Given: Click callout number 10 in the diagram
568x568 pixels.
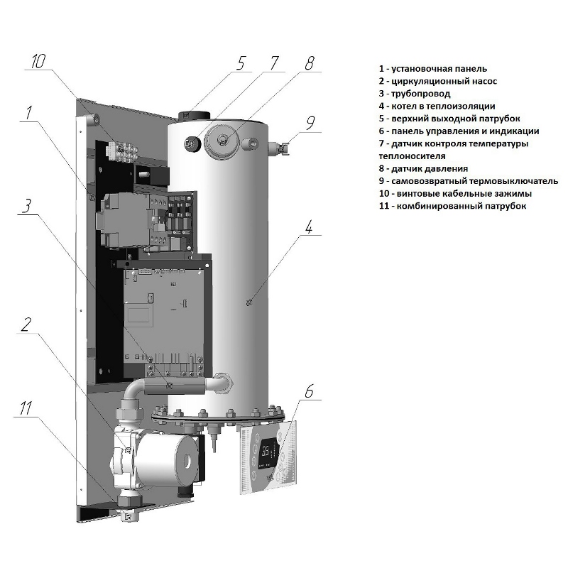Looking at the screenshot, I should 38,61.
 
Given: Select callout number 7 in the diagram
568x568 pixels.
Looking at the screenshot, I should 274,62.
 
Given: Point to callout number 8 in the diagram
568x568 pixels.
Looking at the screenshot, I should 309,62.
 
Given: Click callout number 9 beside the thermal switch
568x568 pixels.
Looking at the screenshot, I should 310,122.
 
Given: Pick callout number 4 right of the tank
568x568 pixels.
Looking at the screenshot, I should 309,228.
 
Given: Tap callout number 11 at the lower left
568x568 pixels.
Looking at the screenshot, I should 26,408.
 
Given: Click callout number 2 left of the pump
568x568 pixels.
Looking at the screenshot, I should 26,325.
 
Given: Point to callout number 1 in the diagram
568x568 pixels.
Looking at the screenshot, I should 28,113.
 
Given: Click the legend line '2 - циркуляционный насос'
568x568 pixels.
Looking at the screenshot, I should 437,81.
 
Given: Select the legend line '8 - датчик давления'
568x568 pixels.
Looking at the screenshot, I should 423,168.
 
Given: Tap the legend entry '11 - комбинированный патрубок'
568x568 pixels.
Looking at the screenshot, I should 452,206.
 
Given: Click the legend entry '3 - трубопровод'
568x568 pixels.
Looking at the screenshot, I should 415,93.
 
